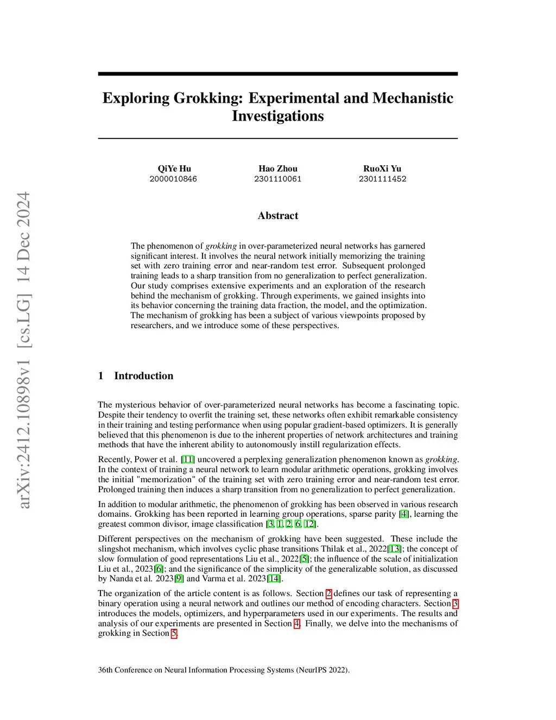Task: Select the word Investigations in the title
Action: pos(277,116)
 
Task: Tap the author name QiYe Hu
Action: pos(174,168)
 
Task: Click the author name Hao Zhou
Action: pos(277,168)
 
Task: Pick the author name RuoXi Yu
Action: pos(382,168)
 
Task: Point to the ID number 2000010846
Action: pos(173,179)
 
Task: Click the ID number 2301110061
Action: pos(277,179)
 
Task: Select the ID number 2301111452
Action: pos(382,179)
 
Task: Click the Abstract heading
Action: pos(277,216)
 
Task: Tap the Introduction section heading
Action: pos(143,376)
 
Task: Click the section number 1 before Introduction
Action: pos(100,376)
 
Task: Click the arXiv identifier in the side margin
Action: pos(24,350)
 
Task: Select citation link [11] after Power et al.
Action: pos(188,460)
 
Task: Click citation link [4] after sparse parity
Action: pos(404,514)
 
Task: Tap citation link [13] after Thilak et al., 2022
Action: pos(395,549)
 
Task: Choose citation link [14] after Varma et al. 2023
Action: pos(274,579)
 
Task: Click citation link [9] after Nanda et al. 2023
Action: pos(179,579)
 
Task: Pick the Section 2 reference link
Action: pos(328,593)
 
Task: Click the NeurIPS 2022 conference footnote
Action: pos(224,670)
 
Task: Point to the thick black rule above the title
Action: pos(277,74)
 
